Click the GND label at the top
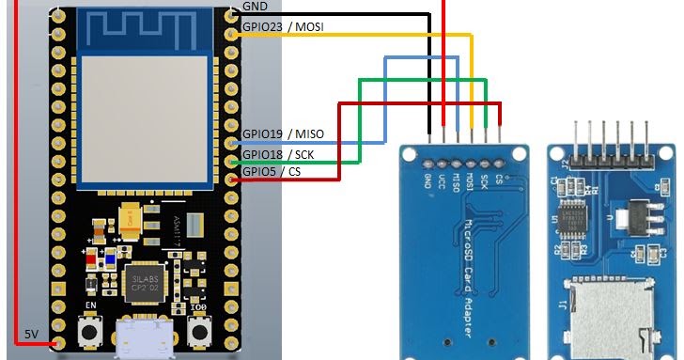254,6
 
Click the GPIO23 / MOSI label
283,27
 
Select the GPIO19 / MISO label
283,134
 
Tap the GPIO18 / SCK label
278,153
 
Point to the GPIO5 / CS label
272,171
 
